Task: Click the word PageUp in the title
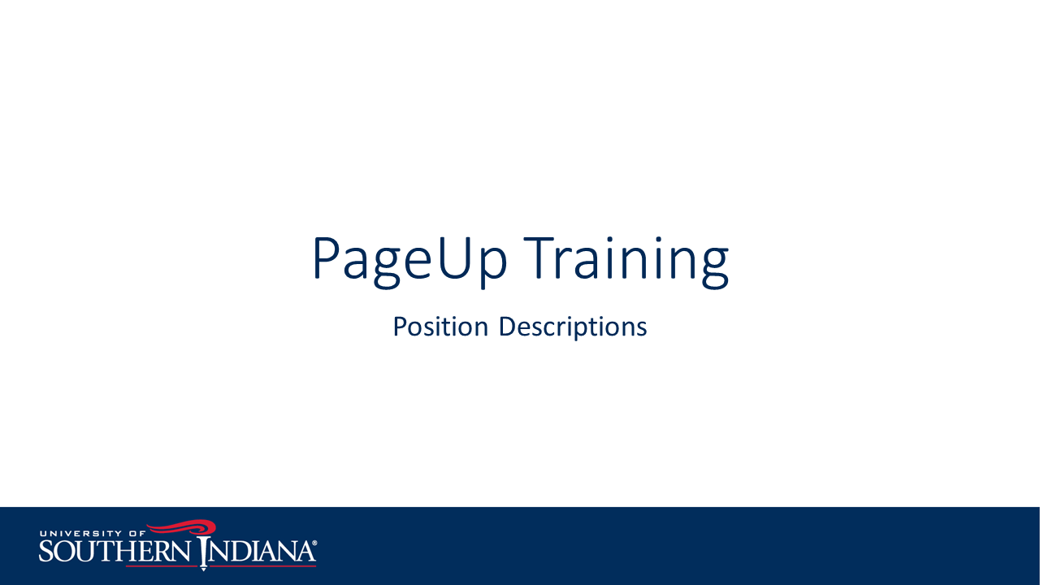[x=410, y=261]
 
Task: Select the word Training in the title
[x=626, y=261]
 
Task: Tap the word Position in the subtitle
[x=440, y=327]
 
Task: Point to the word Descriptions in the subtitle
[x=573, y=327]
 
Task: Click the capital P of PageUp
[x=327, y=258]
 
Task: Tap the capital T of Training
[x=539, y=258]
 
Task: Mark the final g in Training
[x=715, y=268]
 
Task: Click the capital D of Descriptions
[x=509, y=327]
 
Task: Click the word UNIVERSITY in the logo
[x=80, y=534]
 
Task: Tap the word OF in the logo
[x=137, y=534]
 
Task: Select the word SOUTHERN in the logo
[x=115, y=551]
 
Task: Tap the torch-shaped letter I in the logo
[x=203, y=553]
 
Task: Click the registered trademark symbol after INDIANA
[x=314, y=543]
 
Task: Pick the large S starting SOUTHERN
[x=47, y=551]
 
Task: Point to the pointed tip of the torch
[x=203, y=570]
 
